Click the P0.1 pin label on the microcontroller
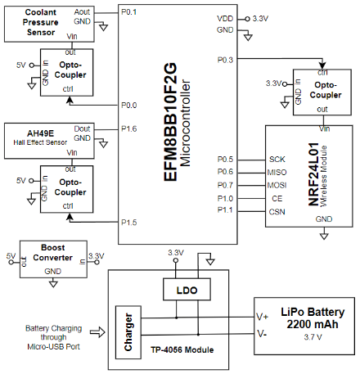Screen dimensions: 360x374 (x=128, y=12)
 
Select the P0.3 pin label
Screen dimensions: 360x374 (x=225, y=60)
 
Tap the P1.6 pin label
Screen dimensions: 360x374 (x=128, y=128)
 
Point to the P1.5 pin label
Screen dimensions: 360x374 (x=128, y=223)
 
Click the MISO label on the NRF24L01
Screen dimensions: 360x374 (x=277, y=173)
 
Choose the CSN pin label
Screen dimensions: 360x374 (x=277, y=212)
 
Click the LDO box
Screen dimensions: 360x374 (x=187, y=290)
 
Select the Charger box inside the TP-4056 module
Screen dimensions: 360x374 (x=128, y=332)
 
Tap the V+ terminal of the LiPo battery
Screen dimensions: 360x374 (x=262, y=317)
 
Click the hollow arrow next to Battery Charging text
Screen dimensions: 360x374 (x=97, y=332)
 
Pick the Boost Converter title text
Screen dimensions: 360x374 (x=53, y=253)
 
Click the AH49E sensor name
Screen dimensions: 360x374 (x=40, y=133)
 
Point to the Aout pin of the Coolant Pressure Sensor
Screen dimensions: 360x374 (x=82, y=12)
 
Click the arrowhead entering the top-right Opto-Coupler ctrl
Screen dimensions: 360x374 (x=322, y=65)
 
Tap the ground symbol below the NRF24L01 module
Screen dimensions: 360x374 (x=324, y=236)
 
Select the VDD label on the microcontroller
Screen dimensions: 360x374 (x=225, y=19)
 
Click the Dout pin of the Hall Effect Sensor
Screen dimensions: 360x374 (x=82, y=128)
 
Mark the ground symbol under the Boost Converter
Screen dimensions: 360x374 (x=53, y=284)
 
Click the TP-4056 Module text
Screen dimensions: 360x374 (x=182, y=349)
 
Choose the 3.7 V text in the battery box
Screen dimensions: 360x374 (x=313, y=337)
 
